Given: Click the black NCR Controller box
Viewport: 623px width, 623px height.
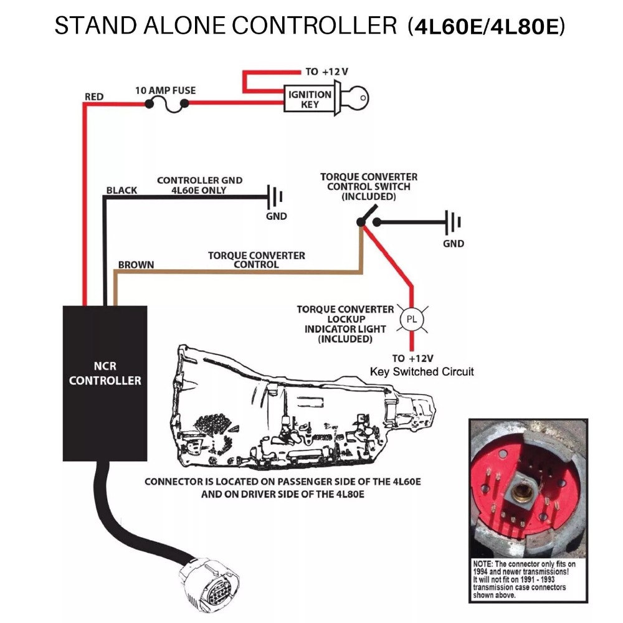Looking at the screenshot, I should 105,383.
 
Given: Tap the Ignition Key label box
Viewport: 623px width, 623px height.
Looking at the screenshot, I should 310,99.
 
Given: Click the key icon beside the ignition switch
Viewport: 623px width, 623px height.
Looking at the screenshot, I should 355,98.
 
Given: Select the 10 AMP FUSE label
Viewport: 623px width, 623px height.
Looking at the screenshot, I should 165,90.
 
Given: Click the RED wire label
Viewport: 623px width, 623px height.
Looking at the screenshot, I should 94,97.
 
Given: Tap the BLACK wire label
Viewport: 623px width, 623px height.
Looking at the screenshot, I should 121,190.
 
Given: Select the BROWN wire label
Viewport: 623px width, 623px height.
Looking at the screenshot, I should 136,265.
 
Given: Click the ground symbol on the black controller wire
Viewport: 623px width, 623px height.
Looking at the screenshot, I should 275,198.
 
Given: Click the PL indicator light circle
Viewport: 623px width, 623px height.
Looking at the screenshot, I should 411,319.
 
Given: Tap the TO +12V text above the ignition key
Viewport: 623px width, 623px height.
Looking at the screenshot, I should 326,72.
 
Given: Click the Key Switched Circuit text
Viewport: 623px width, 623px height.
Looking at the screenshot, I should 422,372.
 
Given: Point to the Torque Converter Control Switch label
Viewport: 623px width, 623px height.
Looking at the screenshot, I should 369,187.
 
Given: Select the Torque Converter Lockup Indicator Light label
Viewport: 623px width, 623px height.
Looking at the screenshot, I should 345,324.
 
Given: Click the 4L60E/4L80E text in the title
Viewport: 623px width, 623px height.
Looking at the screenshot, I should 486,27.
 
